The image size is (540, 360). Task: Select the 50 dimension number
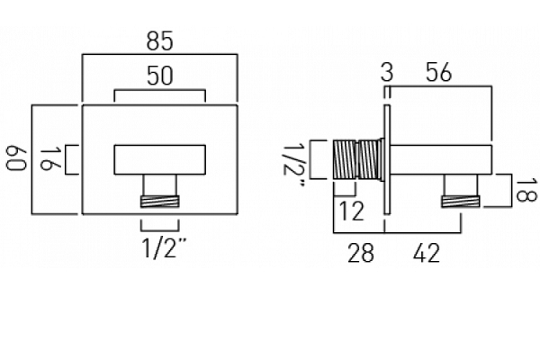point(159,78)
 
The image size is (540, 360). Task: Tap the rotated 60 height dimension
point(14,160)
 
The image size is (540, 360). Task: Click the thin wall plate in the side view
point(386,160)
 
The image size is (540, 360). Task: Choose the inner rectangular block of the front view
point(159,159)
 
